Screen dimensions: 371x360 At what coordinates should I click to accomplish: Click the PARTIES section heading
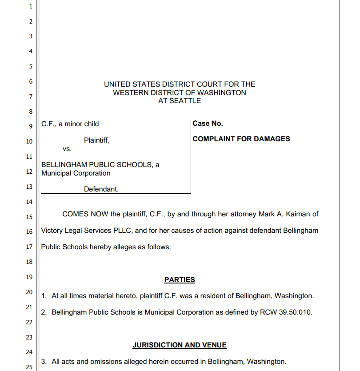[x=180, y=280]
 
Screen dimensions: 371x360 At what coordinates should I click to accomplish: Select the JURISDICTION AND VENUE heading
[x=180, y=345]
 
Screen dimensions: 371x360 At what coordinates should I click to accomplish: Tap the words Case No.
[x=208, y=124]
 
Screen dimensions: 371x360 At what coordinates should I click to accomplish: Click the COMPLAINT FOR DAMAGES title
[x=241, y=139]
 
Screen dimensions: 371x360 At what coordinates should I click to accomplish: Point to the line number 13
[x=29, y=187]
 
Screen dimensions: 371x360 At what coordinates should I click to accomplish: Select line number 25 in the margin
[x=29, y=367]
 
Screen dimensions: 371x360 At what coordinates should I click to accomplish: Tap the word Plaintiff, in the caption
[x=96, y=140]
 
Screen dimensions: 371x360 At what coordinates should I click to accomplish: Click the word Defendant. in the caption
[x=101, y=189]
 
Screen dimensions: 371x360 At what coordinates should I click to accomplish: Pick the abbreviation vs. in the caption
[x=67, y=149]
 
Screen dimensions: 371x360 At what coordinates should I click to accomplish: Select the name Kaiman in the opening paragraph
[x=307, y=214]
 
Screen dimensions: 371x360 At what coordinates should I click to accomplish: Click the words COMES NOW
[x=85, y=214]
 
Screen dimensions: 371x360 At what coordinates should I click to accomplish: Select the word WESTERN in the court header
[x=130, y=93]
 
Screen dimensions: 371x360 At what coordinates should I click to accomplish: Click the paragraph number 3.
[x=44, y=362]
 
